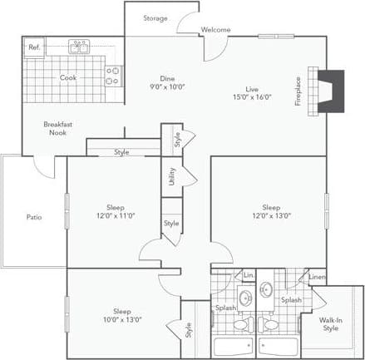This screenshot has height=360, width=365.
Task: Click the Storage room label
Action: coord(155,18)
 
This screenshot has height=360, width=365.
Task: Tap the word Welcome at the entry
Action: coord(215,31)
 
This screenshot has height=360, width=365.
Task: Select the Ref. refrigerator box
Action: coord(34,47)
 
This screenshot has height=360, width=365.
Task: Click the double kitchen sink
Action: coord(80,47)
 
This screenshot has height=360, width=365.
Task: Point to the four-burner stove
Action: coord(113,76)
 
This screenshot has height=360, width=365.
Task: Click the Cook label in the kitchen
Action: coord(68,78)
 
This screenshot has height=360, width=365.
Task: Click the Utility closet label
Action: coord(172,175)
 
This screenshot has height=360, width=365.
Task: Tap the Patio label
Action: coord(34,217)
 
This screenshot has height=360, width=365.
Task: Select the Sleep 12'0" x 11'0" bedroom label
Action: coord(116,211)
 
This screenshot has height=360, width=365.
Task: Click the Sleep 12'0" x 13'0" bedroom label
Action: coord(272,211)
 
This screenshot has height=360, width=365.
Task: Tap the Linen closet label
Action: coord(317,276)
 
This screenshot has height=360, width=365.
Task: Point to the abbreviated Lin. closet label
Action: coord(247,275)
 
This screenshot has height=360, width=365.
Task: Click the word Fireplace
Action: coord(298,91)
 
